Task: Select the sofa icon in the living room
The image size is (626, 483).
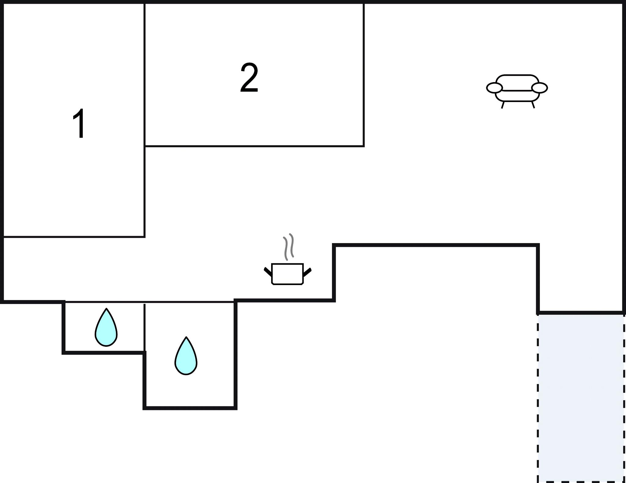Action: [x=517, y=91]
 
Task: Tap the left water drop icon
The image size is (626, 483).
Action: [x=106, y=327]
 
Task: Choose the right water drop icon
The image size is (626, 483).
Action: [x=186, y=356]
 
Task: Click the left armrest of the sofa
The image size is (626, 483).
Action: [x=494, y=88]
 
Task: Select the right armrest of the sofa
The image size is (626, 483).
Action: [x=539, y=88]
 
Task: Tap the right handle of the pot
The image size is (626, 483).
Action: [x=307, y=272]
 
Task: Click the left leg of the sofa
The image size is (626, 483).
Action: [x=503, y=105]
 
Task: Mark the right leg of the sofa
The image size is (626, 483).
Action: [x=533, y=104]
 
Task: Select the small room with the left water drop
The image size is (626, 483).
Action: [x=104, y=327]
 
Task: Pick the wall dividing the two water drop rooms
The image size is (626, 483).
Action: [x=144, y=327]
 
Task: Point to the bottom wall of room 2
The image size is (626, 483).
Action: [x=254, y=146]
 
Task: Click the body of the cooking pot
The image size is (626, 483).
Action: [x=287, y=274]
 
